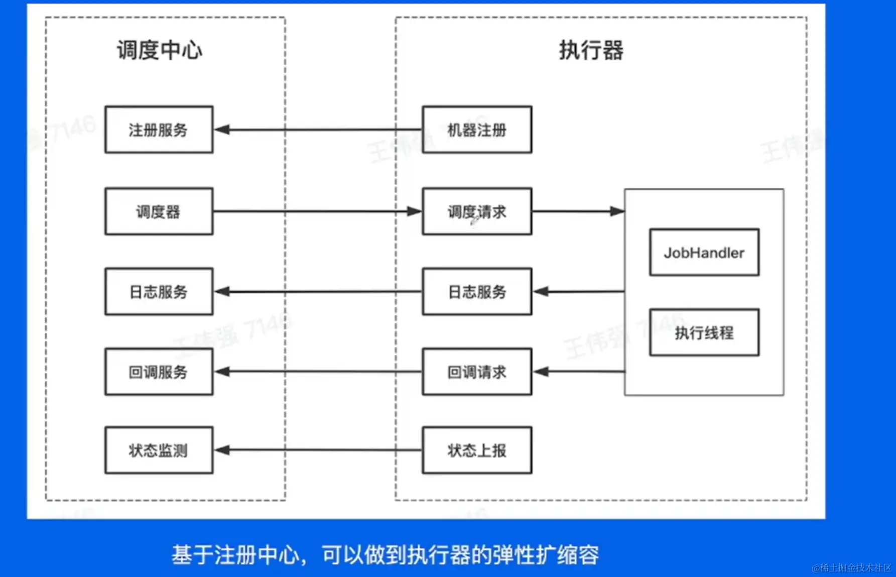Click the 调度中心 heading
click(x=160, y=51)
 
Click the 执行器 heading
click(x=591, y=51)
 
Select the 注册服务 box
click(x=159, y=130)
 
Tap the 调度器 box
click(x=159, y=211)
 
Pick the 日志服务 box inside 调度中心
click(x=159, y=292)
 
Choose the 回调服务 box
click(x=159, y=372)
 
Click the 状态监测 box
click(x=159, y=450)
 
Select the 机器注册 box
click(x=477, y=130)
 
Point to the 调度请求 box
click(x=477, y=211)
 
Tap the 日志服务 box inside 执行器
click(x=477, y=292)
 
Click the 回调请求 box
click(x=477, y=372)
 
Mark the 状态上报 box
click(x=477, y=450)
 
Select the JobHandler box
click(x=704, y=253)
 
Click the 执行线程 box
click(x=704, y=332)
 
